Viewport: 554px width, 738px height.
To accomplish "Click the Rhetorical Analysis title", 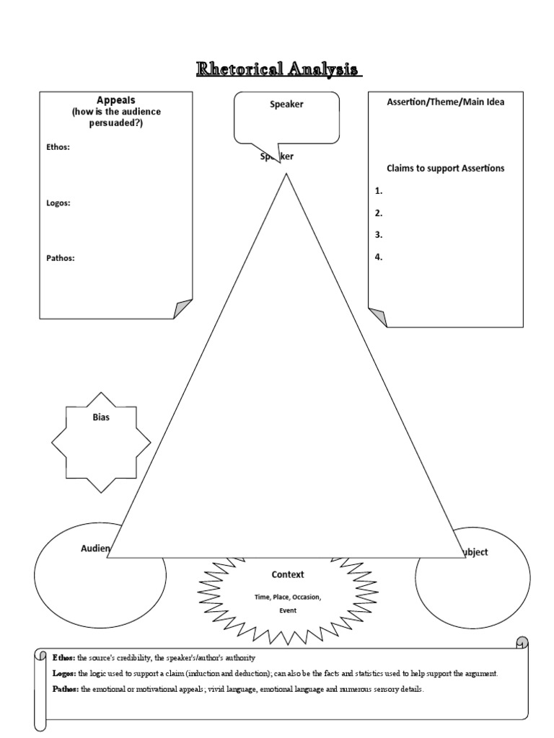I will [x=278, y=69].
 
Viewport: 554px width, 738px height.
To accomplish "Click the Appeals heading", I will [x=116, y=100].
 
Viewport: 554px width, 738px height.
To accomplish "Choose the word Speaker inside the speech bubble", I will [x=286, y=104].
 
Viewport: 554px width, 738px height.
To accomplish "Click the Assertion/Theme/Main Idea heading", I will [x=445, y=102].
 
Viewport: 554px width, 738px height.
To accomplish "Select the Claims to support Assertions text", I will [x=445, y=168].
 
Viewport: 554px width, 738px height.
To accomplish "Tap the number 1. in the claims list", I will [x=379, y=191].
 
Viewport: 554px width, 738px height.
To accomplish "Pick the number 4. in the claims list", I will [x=379, y=256].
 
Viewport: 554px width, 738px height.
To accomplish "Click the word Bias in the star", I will [x=101, y=417].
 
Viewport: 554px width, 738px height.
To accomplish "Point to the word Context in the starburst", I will [x=287, y=574].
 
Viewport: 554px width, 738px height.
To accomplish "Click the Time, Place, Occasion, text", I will [x=287, y=597].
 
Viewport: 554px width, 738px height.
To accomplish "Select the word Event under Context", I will [x=287, y=610].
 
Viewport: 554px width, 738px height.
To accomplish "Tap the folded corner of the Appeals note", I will [x=184, y=308].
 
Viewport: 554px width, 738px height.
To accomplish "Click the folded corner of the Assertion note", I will [x=377, y=317].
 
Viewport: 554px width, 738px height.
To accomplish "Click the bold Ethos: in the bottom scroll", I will [x=64, y=658].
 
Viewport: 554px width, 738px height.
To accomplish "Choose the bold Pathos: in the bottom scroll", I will [x=66, y=689].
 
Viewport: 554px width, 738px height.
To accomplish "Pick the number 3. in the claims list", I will [x=379, y=234].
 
